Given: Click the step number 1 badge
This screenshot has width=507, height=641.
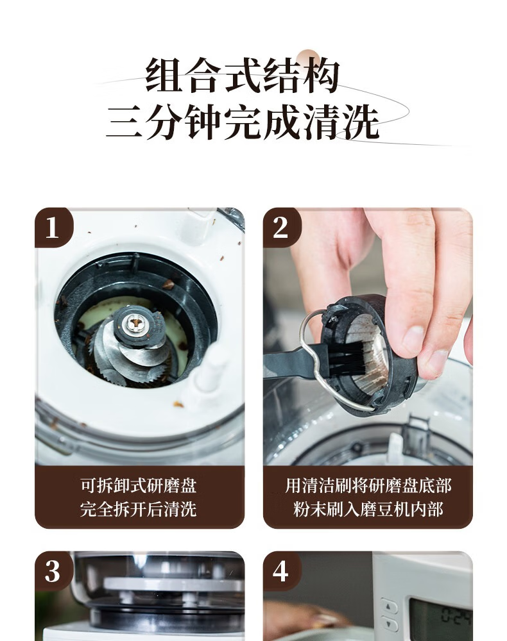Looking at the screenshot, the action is pos(53,228).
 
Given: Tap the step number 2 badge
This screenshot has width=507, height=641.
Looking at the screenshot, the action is pos(282,228).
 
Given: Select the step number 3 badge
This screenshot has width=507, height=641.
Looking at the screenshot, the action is pos(53,570).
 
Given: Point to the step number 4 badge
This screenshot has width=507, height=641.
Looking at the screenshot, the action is pos(282,570).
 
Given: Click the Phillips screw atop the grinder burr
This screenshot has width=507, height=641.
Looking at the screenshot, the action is pos(133,323).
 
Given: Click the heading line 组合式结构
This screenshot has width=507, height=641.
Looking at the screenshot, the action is pos(242,76).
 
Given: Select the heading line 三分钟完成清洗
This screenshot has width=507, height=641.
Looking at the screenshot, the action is pos(242,121).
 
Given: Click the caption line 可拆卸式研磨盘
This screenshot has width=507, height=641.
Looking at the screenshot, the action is pos(139,486).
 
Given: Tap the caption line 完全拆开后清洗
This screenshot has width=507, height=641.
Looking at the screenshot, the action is pos(139,510).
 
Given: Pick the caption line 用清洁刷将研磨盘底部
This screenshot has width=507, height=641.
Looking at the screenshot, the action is pos(368,486).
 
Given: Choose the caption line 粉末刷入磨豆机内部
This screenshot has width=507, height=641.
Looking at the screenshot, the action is pos(368,510).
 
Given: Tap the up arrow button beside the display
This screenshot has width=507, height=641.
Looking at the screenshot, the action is pos(389,606).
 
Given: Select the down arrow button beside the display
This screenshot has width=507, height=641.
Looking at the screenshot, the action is pos(389,625).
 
